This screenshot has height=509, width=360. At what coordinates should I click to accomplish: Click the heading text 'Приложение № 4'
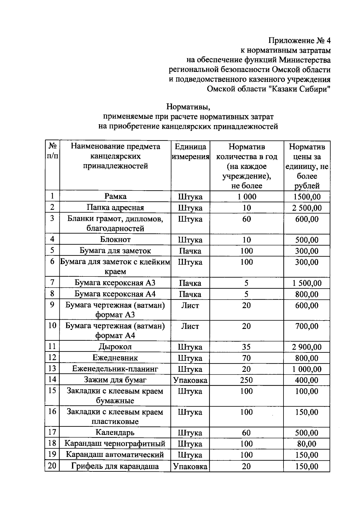(299, 41)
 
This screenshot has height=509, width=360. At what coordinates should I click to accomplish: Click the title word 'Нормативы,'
(188, 107)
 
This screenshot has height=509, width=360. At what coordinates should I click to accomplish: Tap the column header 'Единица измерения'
(190, 152)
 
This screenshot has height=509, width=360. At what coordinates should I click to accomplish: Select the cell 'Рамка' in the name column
(115, 196)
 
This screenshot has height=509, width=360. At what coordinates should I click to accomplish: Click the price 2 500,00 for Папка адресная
(307, 208)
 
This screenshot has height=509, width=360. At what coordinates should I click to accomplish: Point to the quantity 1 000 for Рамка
(247, 197)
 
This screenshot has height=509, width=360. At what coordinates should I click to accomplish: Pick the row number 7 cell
(52, 282)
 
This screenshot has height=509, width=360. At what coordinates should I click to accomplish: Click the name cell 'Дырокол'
(115, 347)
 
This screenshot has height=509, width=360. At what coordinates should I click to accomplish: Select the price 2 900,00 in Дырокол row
(307, 347)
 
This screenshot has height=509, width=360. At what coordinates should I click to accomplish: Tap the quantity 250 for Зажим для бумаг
(247, 380)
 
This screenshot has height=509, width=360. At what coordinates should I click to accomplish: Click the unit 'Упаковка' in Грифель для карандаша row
(190, 466)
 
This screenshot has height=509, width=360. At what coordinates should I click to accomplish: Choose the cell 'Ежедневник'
(115, 358)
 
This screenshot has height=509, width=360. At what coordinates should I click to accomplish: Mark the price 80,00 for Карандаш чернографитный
(307, 444)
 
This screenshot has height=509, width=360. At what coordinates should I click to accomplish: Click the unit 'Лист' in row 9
(190, 305)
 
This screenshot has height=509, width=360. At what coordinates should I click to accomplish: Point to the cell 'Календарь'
(115, 432)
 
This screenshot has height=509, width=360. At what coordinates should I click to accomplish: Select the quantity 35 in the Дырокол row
(247, 347)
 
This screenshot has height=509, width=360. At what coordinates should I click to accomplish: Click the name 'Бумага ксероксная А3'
(115, 283)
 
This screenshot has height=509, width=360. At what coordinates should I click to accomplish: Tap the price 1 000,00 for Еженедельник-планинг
(307, 369)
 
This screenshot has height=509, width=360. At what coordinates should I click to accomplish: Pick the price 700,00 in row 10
(307, 326)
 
